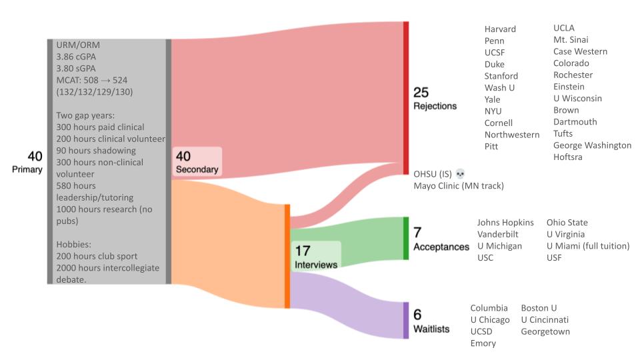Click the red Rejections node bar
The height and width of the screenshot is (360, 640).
click(x=405, y=98)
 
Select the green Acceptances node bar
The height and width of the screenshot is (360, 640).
click(x=405, y=238)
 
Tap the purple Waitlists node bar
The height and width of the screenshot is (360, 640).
click(x=405, y=320)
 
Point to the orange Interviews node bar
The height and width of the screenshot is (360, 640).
click(x=287, y=257)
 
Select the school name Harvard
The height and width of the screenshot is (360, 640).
click(x=500, y=29)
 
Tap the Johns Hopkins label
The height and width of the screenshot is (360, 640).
click(x=505, y=222)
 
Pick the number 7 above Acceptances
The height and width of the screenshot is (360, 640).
click(x=417, y=233)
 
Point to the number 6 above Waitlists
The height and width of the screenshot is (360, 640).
click(x=417, y=315)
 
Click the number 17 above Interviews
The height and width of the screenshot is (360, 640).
click(x=303, y=251)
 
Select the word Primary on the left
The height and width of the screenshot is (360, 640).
click(x=27, y=169)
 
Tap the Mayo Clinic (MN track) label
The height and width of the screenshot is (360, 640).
click(x=459, y=185)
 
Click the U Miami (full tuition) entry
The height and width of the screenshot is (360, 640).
click(x=588, y=246)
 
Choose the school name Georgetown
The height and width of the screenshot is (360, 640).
click(x=545, y=331)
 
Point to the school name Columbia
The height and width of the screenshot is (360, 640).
click(x=489, y=308)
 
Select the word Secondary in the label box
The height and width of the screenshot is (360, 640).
click(x=197, y=169)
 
